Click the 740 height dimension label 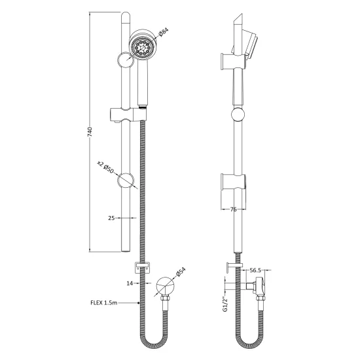tap(90, 132)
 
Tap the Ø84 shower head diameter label tap(164, 32)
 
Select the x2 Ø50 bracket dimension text tap(105, 167)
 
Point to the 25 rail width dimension tap(111, 218)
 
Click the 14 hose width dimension tap(130, 283)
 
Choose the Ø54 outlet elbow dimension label tap(181, 272)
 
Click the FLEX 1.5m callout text tap(104, 303)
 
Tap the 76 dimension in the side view tap(233, 209)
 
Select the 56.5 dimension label tap(255, 270)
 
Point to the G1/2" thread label tap(225, 304)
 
